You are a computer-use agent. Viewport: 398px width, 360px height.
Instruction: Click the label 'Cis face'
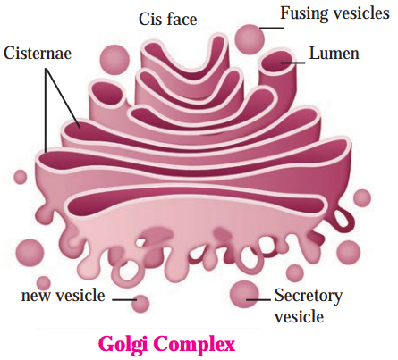[x=168, y=20]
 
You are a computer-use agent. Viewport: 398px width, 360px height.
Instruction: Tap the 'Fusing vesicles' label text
[x=334, y=14]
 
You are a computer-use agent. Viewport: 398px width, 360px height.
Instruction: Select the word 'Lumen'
[x=334, y=54]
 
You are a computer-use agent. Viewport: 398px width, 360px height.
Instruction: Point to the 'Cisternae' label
[x=38, y=54]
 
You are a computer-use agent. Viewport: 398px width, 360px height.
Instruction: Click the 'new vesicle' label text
[x=64, y=296]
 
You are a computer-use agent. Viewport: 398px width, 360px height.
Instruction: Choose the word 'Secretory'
[x=309, y=297]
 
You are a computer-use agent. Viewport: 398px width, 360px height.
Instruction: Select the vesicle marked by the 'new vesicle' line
[x=140, y=304]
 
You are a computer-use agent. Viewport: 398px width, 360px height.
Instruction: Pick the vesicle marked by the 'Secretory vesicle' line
[x=244, y=295]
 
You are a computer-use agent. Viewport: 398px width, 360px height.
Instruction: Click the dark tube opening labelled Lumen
[x=277, y=61]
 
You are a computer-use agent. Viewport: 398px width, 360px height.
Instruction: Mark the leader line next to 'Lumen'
[x=292, y=63]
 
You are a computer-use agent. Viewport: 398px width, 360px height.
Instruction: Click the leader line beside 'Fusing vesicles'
[x=272, y=29]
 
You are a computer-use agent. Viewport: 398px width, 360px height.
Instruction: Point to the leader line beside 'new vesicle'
[x=124, y=299]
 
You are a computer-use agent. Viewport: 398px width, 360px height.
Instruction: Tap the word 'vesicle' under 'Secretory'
[x=299, y=316]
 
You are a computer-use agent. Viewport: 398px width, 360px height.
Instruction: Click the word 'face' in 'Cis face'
[x=182, y=20]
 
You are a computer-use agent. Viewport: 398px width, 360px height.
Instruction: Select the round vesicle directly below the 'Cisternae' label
[x=21, y=177]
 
